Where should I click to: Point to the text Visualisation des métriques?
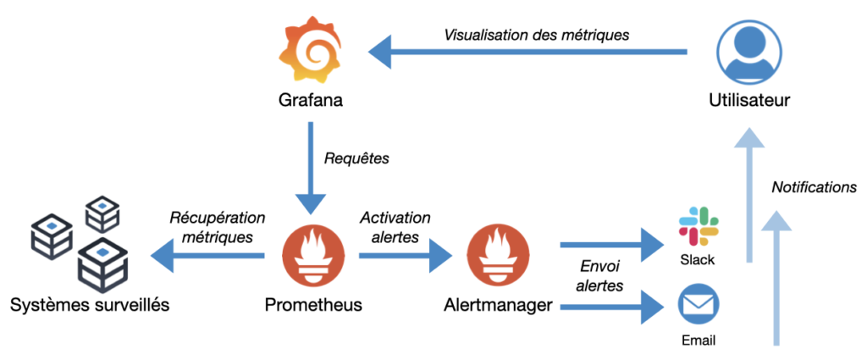click(537, 36)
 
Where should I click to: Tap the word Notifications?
click(814, 187)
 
